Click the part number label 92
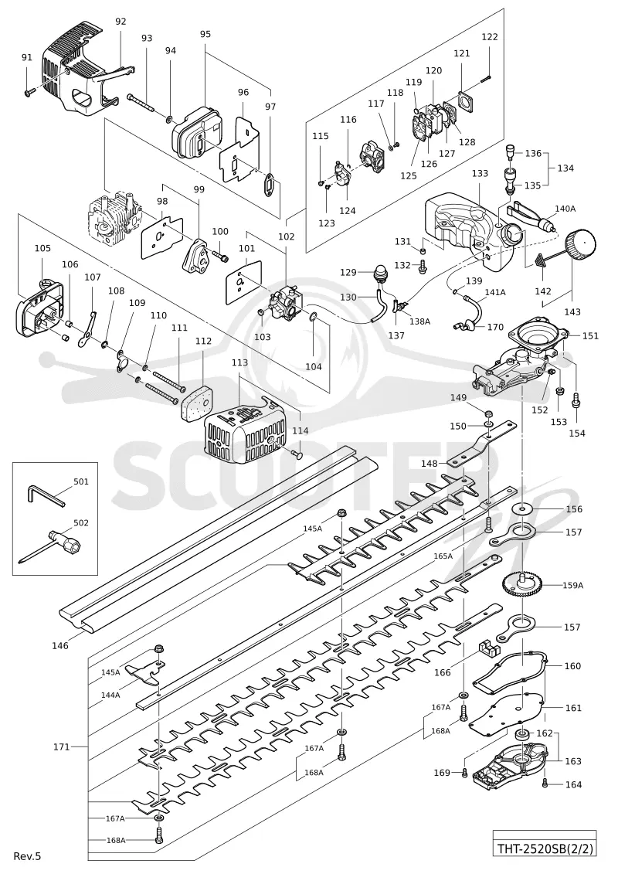pos(121,22)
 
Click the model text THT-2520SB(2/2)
pos(544,849)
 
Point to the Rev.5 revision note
pos(27,855)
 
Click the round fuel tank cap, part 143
pos(580,244)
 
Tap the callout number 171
pos(61,746)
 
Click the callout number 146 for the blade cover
pos(60,645)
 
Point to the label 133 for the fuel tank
pos(480,173)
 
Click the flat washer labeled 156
pos(522,508)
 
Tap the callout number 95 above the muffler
pos(205,34)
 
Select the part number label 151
pos(590,335)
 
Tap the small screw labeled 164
pos(545,784)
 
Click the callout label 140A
pos(565,209)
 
